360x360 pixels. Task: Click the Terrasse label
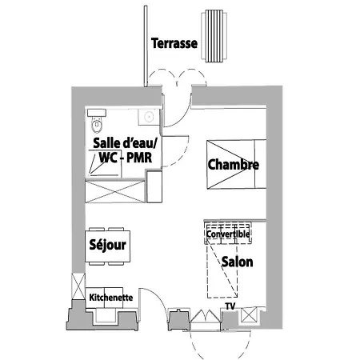coord(174,43)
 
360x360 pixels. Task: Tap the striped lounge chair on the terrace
coord(214,36)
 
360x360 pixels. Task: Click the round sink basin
coord(148,117)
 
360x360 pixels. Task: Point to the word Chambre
coord(233,164)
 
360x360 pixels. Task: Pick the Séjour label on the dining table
coord(107,245)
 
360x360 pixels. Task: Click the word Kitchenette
coord(111,298)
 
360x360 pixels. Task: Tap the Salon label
coord(237,262)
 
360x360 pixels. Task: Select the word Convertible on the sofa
coord(228,234)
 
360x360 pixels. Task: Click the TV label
coord(230,306)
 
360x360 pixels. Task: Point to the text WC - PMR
coord(126,158)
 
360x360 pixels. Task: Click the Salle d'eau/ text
coord(125,143)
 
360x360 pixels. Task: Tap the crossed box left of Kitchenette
coord(78,286)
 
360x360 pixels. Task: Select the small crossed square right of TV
coord(249,315)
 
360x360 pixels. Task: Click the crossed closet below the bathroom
coord(115,192)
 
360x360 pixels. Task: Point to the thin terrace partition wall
coord(146,46)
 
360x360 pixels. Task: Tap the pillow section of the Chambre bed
coord(260,164)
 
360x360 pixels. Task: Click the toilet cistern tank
coord(97,113)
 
